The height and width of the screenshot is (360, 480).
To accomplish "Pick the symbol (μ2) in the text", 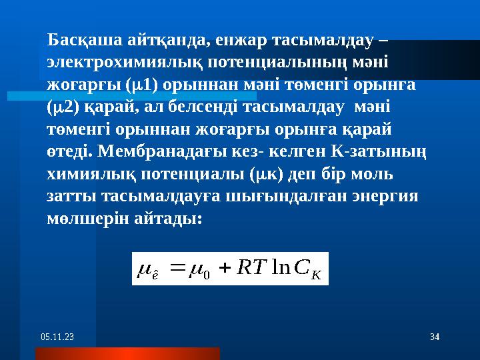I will pos(62,107).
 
